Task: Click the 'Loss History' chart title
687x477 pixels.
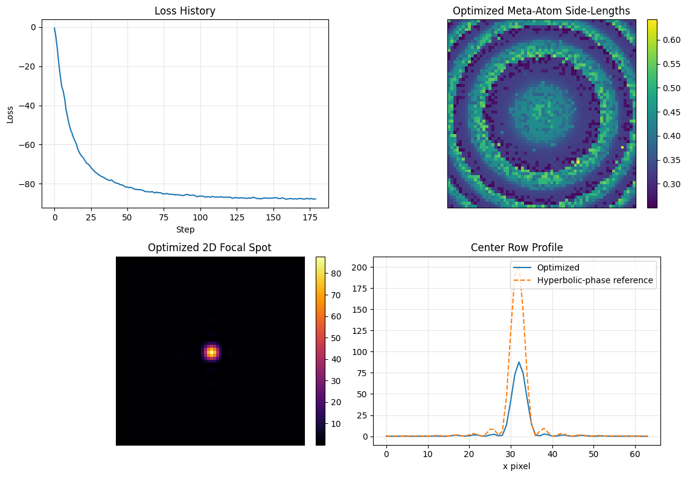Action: (x=185, y=11)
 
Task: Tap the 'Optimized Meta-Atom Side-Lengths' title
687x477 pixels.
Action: (x=541, y=11)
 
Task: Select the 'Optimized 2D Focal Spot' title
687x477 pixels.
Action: (x=209, y=248)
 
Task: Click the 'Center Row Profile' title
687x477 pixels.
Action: (x=516, y=248)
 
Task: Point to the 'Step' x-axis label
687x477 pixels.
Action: (x=185, y=229)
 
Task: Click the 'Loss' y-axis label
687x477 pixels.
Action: (x=10, y=114)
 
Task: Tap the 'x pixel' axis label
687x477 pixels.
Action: (x=516, y=466)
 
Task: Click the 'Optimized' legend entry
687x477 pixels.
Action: (x=558, y=267)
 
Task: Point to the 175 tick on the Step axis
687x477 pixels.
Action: (x=310, y=217)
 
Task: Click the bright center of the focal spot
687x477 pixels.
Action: (x=211, y=351)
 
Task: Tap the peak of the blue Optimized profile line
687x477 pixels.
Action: (x=519, y=362)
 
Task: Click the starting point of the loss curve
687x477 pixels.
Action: (x=54, y=28)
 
